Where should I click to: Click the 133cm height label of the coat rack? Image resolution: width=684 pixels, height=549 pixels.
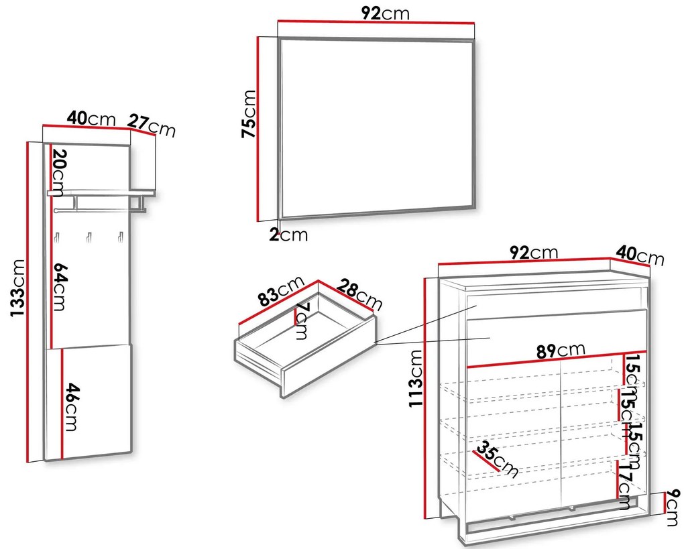pos(17,288)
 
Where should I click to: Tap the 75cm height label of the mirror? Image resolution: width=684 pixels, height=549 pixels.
pos(249,114)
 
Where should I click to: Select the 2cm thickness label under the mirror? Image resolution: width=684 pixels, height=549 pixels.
pos(288,235)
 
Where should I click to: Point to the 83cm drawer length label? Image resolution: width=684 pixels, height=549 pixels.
pos(280,291)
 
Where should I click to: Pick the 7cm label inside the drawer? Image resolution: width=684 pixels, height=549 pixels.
pos(302,321)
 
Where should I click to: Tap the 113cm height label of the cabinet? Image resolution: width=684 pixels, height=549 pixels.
pos(416,378)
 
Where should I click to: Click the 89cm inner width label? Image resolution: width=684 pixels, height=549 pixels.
pos(561,350)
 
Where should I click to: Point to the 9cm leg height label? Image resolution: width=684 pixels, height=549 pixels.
pos(673,507)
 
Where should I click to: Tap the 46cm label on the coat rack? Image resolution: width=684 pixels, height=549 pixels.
pos(72,407)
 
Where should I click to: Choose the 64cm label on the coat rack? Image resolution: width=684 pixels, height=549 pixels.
pos(60,287)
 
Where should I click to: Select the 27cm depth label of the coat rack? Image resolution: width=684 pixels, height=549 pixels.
pos(152,125)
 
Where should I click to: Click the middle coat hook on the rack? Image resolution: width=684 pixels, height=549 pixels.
pos(89,237)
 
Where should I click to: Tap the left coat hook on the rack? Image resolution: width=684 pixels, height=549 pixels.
pos(57,237)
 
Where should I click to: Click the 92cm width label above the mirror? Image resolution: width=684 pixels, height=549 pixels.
pos(386,13)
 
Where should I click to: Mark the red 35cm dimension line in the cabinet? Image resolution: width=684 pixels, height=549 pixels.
pos(486,461)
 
